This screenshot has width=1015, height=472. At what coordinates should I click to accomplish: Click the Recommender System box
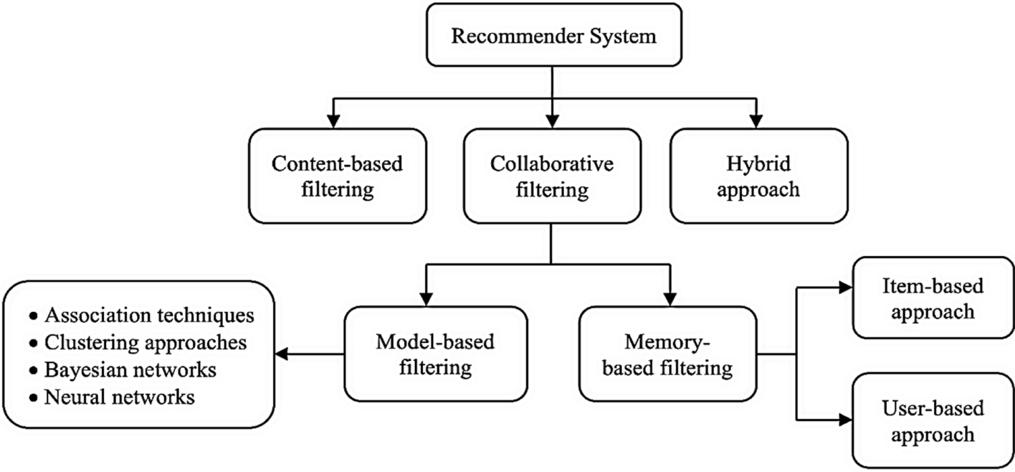(x=553, y=35)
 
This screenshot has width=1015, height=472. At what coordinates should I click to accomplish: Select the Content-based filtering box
(x=337, y=176)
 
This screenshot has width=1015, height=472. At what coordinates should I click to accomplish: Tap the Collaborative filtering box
(x=551, y=176)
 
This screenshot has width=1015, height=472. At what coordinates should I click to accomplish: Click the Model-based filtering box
(x=435, y=354)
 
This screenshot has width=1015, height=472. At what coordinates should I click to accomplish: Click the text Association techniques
(x=149, y=315)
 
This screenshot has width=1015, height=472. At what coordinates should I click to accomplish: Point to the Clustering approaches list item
(x=146, y=342)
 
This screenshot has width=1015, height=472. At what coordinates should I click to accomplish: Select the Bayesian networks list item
(x=130, y=369)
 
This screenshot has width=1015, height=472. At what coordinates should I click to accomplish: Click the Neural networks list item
(x=119, y=397)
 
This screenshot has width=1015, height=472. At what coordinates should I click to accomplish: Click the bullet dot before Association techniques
(x=33, y=316)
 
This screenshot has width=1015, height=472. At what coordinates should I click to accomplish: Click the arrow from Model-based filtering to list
(x=308, y=354)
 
